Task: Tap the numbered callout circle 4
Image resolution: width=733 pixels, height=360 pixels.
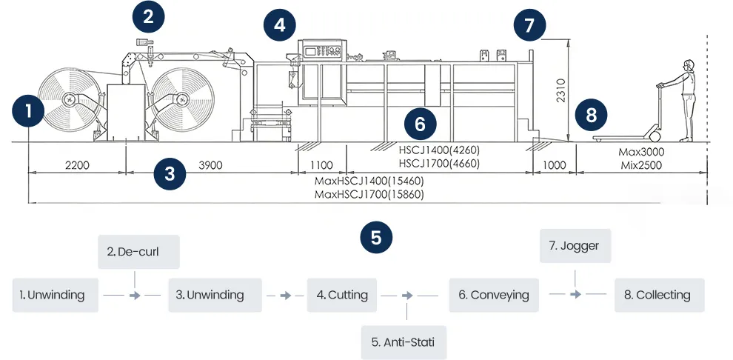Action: point(279,25)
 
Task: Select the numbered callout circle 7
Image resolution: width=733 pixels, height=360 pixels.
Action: point(529,25)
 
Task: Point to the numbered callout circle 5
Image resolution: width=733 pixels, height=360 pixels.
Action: point(376,238)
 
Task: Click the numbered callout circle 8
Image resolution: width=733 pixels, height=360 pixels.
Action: point(591,115)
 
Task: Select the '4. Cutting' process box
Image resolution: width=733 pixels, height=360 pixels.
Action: point(342,295)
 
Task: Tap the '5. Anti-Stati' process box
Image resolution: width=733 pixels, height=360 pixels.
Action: point(404,342)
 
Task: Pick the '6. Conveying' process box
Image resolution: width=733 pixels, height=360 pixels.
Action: point(494,295)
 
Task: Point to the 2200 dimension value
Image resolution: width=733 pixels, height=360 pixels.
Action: point(77,165)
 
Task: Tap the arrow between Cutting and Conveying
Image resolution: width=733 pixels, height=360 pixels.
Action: point(406,295)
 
